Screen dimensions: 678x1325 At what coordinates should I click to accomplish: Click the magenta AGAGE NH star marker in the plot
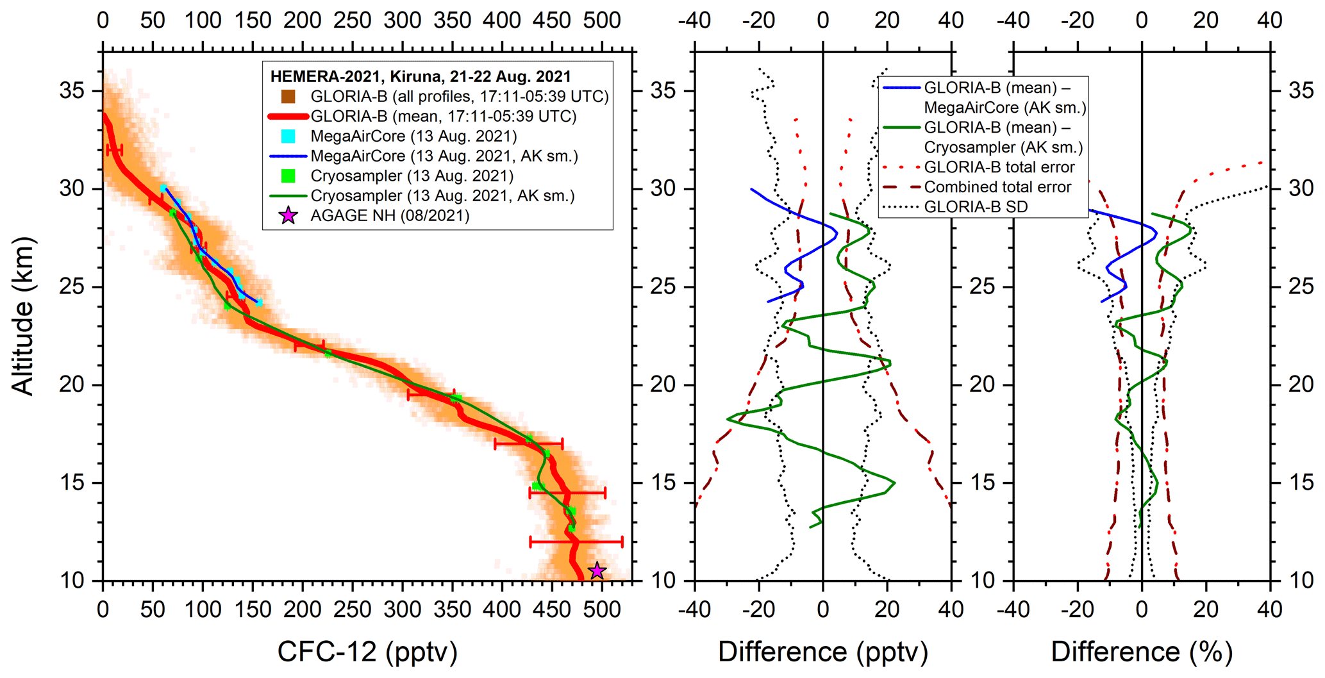(x=597, y=570)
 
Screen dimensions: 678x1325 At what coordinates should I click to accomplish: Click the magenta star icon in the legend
(x=288, y=215)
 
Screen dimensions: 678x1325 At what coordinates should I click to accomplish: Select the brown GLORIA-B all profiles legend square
(x=288, y=97)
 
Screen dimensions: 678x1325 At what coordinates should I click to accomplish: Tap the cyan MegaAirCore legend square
(x=288, y=136)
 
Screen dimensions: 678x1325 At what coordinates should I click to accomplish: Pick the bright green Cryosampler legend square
(x=288, y=176)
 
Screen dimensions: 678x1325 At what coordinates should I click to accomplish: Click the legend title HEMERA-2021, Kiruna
(x=420, y=77)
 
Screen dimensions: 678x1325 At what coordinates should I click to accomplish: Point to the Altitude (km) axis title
(x=23, y=315)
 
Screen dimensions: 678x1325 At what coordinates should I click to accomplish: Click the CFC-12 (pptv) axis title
(x=367, y=652)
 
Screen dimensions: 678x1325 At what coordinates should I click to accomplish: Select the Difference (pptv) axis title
(x=822, y=652)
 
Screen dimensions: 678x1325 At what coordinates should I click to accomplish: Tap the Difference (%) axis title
(x=1142, y=652)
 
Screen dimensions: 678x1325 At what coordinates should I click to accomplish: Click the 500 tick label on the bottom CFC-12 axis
(x=602, y=609)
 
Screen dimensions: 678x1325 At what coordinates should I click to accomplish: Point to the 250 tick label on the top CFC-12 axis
(x=353, y=21)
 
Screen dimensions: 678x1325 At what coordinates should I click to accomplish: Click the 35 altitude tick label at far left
(x=72, y=91)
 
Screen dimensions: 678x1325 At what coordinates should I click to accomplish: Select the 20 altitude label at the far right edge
(x=1301, y=384)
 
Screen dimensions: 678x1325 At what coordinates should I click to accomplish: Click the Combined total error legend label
(x=997, y=187)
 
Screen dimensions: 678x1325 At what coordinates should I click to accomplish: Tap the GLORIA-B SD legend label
(x=976, y=207)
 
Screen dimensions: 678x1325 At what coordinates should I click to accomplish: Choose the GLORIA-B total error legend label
(x=999, y=167)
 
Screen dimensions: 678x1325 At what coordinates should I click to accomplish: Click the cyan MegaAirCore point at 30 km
(x=163, y=188)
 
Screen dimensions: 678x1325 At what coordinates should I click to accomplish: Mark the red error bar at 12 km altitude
(x=576, y=542)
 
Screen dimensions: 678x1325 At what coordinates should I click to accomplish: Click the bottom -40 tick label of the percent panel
(x=1013, y=609)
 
